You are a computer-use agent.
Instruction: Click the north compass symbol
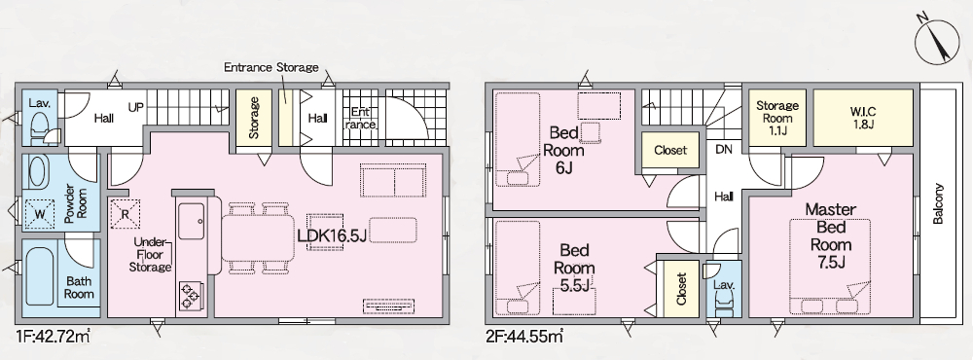coord(937,42)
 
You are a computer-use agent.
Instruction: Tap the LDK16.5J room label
coord(332,235)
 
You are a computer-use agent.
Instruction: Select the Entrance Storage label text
coord(271,67)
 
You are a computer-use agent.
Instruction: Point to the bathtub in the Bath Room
coord(40,276)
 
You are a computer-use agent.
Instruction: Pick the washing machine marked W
coord(39,213)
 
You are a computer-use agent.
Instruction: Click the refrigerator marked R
coord(125,214)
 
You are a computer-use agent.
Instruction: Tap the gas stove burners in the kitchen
coord(190,295)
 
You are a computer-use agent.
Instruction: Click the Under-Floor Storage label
coord(150,255)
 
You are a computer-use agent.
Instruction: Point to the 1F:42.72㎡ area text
coord(53,337)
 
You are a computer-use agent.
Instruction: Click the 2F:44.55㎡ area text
coord(525,337)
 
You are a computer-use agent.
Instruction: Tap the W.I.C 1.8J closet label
coord(862,118)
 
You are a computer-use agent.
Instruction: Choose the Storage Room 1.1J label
coord(777,118)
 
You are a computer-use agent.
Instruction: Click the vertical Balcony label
coord(938,203)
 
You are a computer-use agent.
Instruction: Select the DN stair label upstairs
coord(724,149)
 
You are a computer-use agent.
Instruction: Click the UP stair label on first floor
coord(136,107)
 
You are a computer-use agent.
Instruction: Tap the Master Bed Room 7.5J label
coord(830,235)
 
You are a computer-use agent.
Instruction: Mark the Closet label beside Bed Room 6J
coord(670,150)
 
